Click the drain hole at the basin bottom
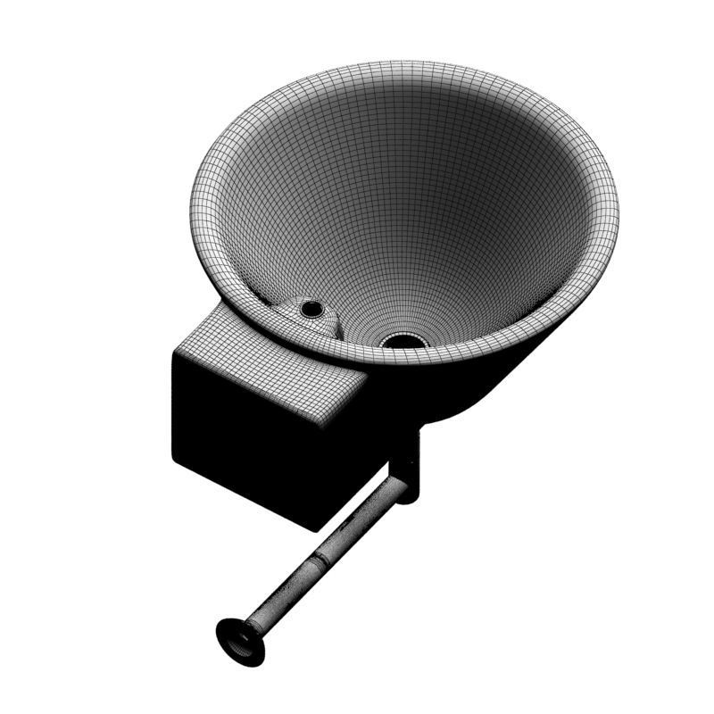[x=404, y=340]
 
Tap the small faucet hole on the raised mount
[x=311, y=309]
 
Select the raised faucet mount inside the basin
[x=309, y=315]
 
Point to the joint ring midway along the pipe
[x=319, y=561]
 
